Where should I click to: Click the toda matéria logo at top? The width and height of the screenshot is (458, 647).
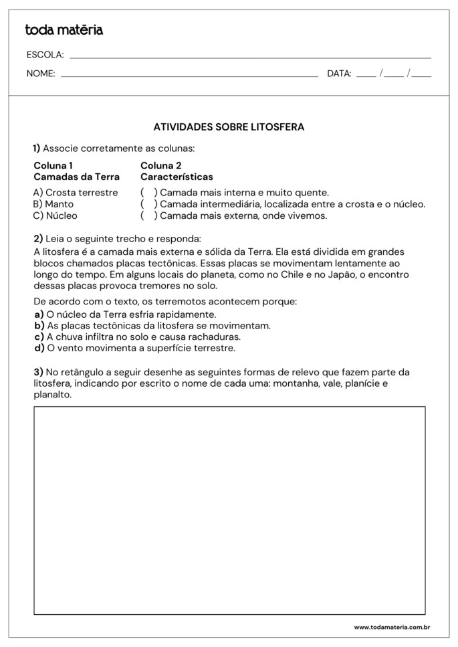coord(64,30)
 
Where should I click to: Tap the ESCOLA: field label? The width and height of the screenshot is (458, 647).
coord(45,55)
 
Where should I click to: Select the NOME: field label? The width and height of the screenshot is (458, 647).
coord(41,74)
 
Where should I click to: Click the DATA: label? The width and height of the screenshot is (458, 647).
coord(339,74)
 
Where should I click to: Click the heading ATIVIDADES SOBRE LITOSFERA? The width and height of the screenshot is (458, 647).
coord(229,127)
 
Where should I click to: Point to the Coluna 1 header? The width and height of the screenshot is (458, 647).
coord(53,165)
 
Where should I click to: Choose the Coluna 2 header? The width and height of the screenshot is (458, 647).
coord(161,165)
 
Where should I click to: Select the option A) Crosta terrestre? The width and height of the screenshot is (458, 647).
coord(76,193)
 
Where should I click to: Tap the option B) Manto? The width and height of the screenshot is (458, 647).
coord(54,204)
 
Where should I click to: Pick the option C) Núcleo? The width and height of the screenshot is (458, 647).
coord(55,215)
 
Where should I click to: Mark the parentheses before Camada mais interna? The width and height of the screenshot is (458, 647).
coord(149,193)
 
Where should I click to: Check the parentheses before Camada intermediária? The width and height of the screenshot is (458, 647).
coord(149,204)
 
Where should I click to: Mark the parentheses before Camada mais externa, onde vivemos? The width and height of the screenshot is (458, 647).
coord(149,215)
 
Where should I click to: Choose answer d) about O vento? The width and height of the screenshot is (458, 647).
coord(134,348)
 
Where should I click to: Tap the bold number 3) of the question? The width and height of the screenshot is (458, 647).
coord(38,372)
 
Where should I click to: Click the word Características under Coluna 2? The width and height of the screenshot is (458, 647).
coord(177,177)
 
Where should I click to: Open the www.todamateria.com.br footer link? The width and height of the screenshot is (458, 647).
coord(391,628)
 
